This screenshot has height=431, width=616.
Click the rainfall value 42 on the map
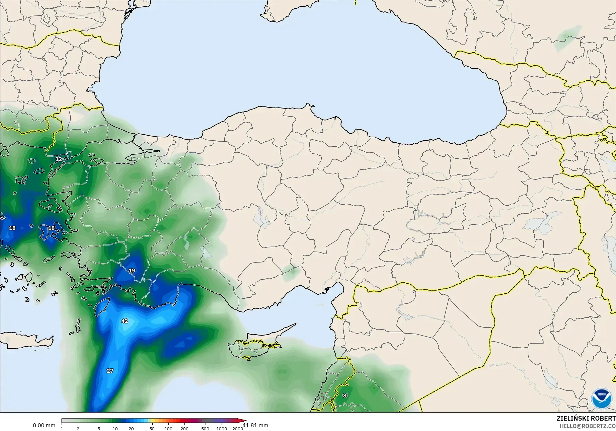coord(125,321)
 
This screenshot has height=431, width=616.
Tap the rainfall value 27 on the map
coord(110,371)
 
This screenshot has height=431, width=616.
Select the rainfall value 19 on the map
coord(132,271)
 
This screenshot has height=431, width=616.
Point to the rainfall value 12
coord(59,159)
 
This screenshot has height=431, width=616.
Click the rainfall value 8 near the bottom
coord(345,396)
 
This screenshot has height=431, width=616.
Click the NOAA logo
coord(601,399)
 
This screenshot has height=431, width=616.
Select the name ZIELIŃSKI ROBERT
coord(586,418)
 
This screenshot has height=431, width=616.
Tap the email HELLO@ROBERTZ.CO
coord(588,426)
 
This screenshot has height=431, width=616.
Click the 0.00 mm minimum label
coord(44,425)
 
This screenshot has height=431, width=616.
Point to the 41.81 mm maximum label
coord(255,425)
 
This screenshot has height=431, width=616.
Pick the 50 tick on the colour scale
coord(152,429)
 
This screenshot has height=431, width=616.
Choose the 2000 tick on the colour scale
coord(238,429)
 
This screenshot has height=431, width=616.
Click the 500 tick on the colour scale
coord(205,429)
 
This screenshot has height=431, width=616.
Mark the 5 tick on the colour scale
coord(99,429)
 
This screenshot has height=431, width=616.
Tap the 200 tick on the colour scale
coord(184,429)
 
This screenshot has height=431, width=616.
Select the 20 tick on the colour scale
coord(131,429)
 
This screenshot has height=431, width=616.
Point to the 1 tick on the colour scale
coord(62,429)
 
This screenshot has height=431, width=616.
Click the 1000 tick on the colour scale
coord(222,429)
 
